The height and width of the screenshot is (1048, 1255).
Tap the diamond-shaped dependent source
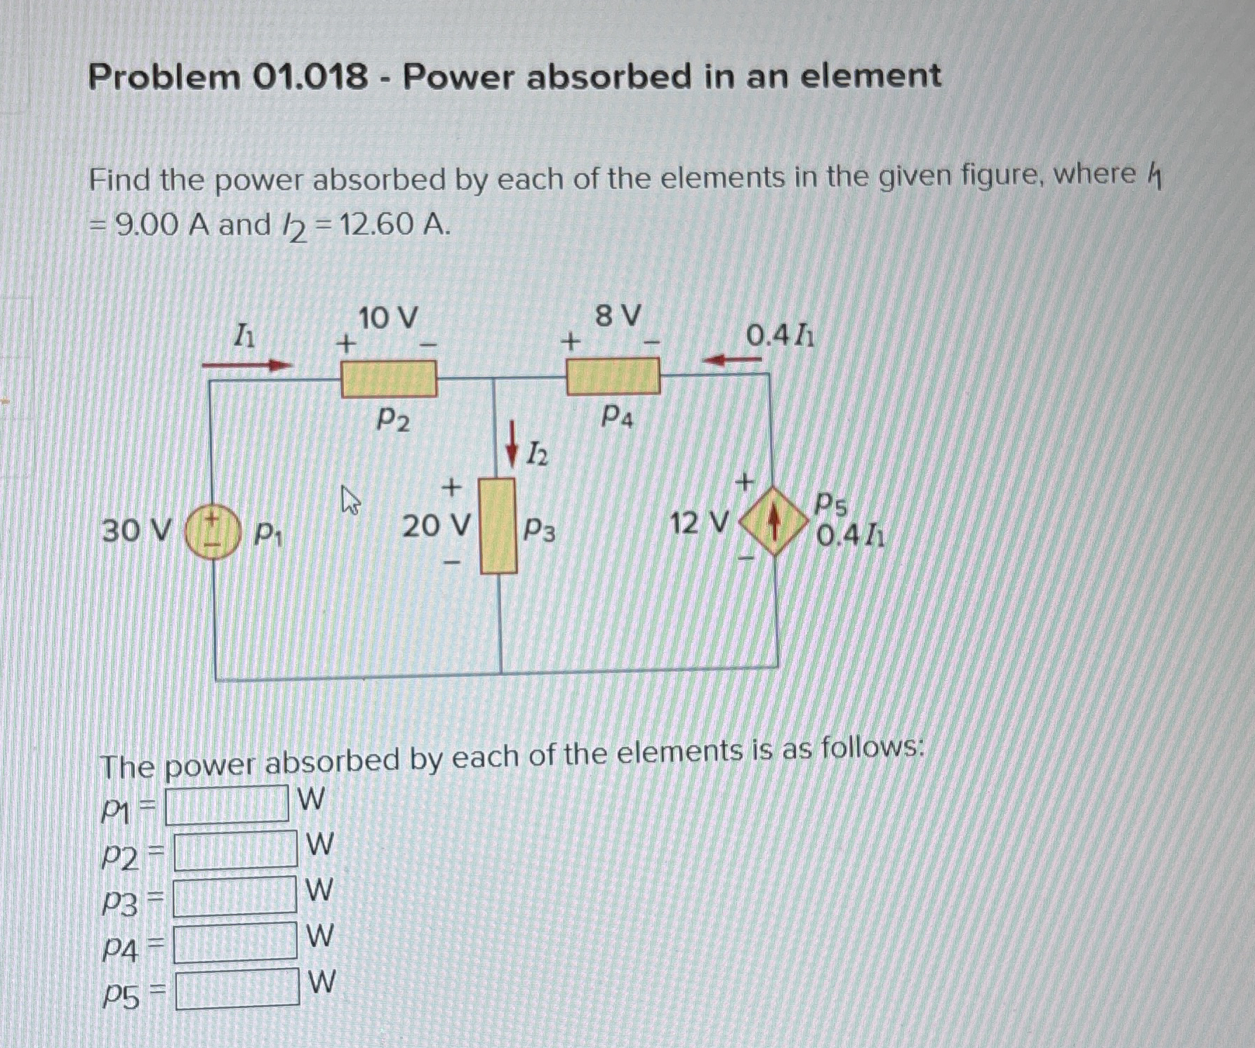click(x=773, y=521)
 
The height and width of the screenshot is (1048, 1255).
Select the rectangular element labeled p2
click(x=389, y=379)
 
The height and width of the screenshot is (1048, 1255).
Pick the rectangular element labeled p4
click(x=613, y=376)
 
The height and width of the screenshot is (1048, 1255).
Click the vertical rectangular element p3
click(x=498, y=526)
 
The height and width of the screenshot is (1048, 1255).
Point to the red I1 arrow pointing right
click(x=246, y=365)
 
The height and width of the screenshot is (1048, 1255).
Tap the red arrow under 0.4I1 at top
click(x=732, y=360)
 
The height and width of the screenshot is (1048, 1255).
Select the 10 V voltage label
click(x=388, y=318)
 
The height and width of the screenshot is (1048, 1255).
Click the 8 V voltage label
click(x=618, y=316)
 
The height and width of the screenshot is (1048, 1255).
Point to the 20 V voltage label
click(x=435, y=525)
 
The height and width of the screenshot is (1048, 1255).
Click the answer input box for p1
click(x=227, y=804)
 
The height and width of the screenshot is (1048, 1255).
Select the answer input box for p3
click(x=235, y=896)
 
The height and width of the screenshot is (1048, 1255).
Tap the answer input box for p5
click(x=237, y=988)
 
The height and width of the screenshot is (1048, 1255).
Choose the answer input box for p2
click(x=235, y=850)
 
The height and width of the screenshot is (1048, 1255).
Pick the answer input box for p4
click(x=235, y=942)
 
